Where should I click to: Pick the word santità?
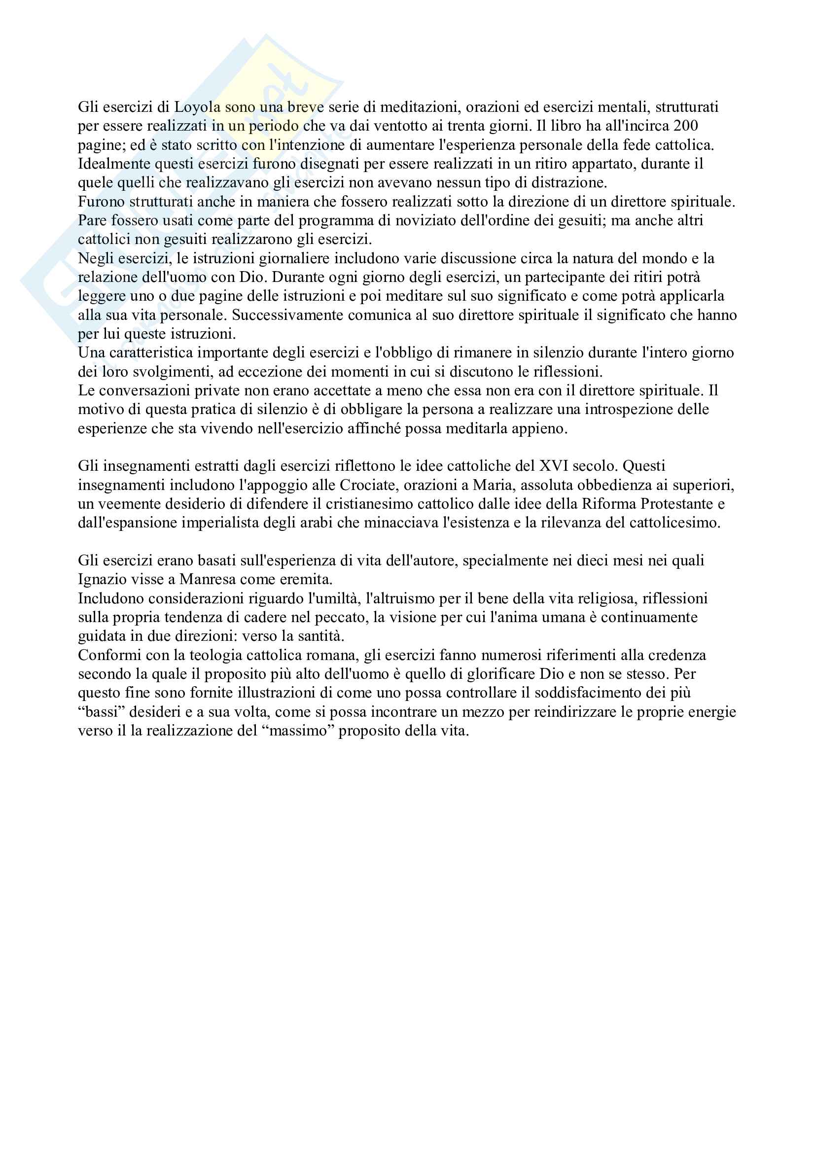(321, 636)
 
